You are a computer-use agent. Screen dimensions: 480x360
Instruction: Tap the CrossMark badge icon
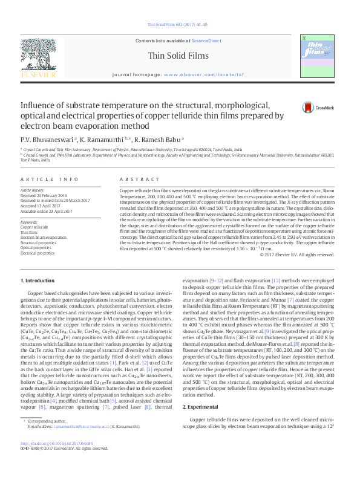pyautogui.click(x=309, y=108)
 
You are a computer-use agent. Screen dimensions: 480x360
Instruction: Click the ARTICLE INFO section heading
pyautogui.click(x=50, y=180)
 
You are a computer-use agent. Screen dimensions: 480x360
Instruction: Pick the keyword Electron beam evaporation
pyautogui.click(x=44, y=238)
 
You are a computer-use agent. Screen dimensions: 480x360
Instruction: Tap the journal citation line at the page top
pyautogui.click(x=180, y=24)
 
